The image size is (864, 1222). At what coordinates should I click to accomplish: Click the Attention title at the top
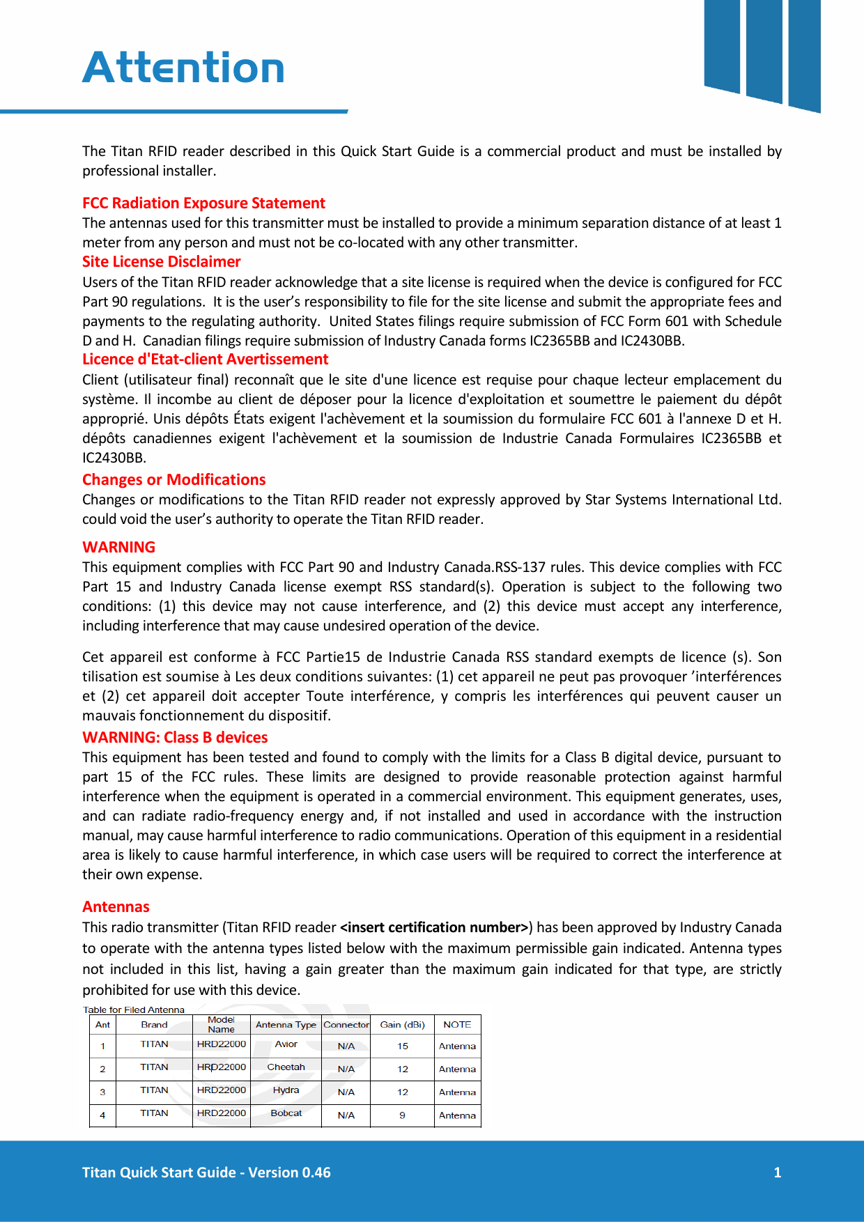point(183,68)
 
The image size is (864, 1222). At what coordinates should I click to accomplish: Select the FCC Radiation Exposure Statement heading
point(203,203)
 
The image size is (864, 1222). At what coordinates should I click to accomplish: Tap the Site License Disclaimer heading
point(161,261)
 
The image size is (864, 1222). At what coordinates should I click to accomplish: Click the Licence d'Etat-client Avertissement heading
point(205,359)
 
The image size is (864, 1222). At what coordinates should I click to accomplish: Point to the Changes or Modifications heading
point(173,479)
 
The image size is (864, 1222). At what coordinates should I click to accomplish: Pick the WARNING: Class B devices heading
point(175,737)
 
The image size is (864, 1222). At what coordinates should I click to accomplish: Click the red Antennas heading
point(116,906)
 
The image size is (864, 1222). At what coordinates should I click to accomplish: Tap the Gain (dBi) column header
point(402,1024)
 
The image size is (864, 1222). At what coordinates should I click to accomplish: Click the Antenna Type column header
point(286,1024)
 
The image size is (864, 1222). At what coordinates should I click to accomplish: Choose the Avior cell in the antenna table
point(286,1044)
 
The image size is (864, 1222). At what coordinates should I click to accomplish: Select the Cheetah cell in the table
point(286,1067)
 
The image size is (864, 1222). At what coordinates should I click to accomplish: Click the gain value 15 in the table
point(403,1046)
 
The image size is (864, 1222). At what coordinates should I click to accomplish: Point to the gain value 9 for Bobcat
point(402,1115)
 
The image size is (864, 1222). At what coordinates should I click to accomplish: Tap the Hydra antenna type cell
point(286,1090)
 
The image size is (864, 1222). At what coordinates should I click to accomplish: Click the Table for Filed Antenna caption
point(134,1010)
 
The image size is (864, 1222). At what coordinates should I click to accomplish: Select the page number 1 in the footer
point(777,1173)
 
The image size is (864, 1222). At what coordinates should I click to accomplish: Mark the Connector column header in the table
point(346,1024)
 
